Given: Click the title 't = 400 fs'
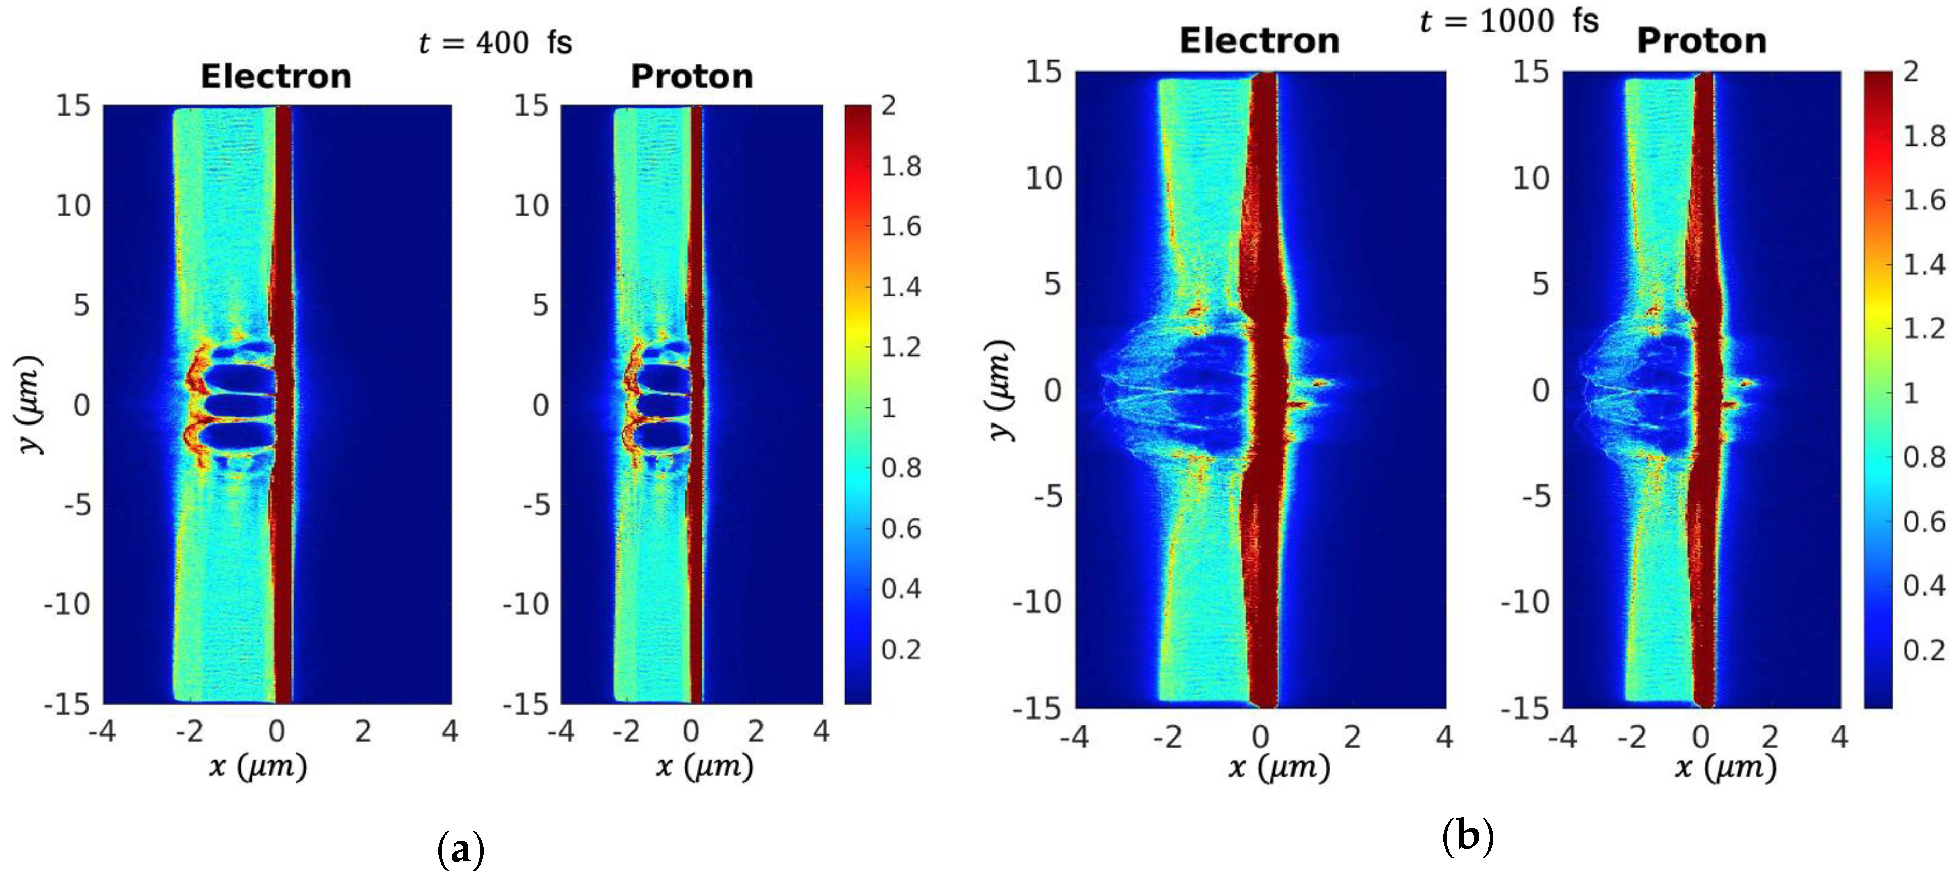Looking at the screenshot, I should pos(496,43).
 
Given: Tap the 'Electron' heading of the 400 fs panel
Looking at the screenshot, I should pos(276,76).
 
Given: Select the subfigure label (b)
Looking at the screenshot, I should pos(1467,837).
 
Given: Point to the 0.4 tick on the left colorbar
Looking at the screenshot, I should pos(900,589).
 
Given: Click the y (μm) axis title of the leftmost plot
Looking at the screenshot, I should pos(31,405).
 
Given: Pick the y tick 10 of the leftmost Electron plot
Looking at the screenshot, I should pos(73,205).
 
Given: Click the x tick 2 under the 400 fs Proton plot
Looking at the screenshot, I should pos(756,731).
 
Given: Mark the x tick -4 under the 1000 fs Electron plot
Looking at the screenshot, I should pos(1074,737).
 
